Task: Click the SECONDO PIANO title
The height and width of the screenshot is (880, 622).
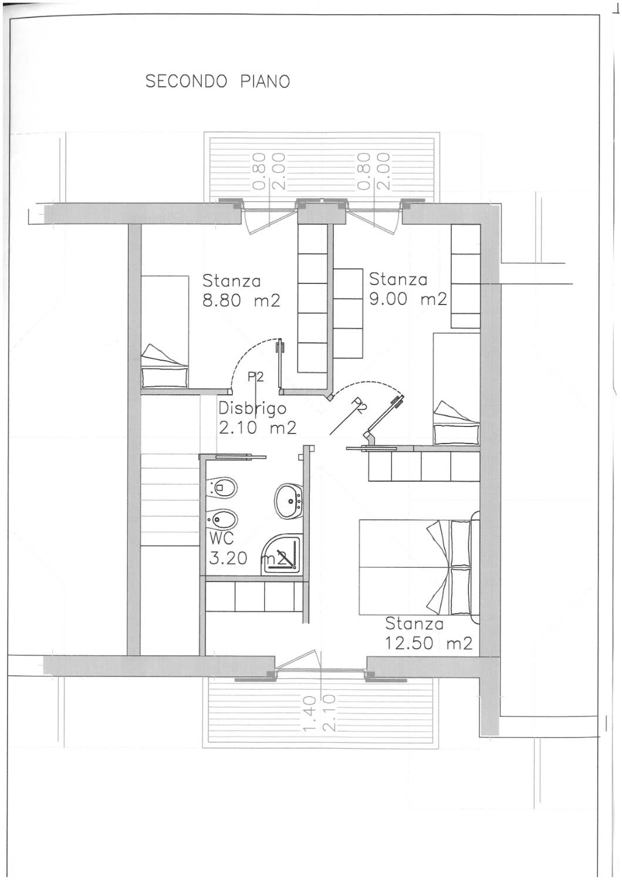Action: point(218,82)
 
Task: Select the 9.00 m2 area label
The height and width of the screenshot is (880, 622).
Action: point(408,300)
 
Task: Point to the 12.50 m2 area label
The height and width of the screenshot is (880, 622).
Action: point(428,644)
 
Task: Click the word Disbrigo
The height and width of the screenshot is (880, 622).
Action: point(252,408)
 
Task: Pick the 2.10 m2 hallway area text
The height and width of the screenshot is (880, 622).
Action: point(258,428)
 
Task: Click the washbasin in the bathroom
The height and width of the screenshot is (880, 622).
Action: point(288,501)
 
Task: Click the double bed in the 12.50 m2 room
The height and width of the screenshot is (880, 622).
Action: point(419,568)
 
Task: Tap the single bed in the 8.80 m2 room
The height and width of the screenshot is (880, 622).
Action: point(164,332)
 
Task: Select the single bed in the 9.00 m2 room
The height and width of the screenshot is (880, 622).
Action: point(456,389)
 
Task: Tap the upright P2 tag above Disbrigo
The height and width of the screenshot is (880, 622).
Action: point(255,378)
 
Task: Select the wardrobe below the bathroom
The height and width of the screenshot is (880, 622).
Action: point(254,596)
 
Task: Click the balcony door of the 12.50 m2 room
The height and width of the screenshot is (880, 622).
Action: point(320,664)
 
